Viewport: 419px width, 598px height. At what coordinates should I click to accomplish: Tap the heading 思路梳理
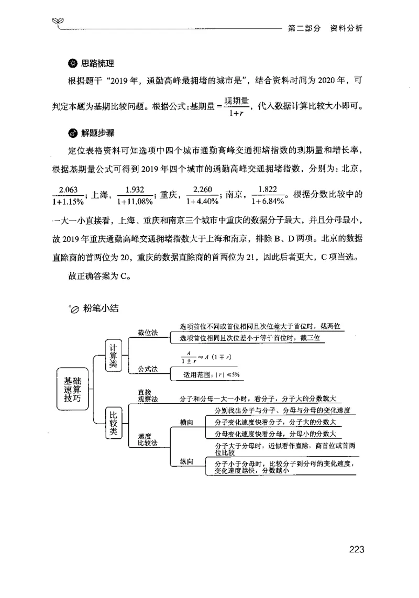click(97, 64)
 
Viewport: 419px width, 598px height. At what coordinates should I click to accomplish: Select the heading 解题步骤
click(97, 132)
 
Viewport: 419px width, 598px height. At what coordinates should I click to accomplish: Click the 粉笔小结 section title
click(101, 308)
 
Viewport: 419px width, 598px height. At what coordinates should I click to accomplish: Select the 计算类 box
click(114, 356)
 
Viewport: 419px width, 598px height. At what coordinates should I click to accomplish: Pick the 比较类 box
click(114, 423)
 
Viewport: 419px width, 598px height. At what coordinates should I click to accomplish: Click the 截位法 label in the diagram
click(148, 333)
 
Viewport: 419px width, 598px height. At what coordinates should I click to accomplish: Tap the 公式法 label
click(148, 369)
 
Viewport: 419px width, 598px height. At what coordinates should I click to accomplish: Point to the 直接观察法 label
click(148, 395)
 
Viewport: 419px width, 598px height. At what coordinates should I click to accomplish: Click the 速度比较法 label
click(148, 439)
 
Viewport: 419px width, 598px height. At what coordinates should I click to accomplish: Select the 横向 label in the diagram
click(186, 422)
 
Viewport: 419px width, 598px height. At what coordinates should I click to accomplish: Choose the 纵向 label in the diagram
click(186, 461)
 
